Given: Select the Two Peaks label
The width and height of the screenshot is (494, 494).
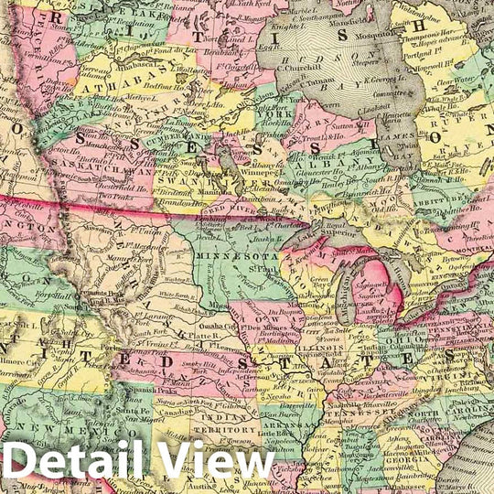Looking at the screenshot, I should tap(116, 196).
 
